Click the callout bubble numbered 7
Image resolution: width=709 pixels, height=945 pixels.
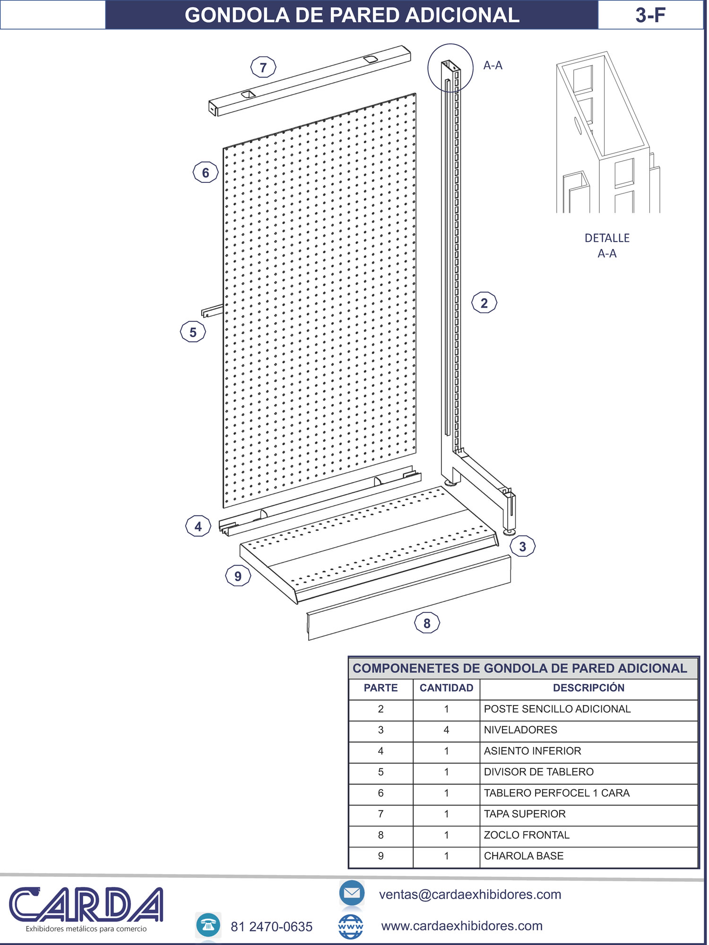point(263,67)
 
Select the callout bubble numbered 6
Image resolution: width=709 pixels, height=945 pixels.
point(206,172)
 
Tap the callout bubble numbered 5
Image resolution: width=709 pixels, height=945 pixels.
point(193,332)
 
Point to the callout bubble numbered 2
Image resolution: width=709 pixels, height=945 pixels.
point(484,303)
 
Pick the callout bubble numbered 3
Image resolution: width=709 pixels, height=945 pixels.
point(523,546)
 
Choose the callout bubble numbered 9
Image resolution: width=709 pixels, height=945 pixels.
point(238,576)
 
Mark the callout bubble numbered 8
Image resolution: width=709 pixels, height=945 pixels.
point(427,623)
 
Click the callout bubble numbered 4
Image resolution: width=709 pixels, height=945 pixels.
point(198,526)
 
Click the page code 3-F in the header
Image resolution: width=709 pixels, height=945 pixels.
point(650,15)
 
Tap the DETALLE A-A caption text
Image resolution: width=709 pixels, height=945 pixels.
point(607,246)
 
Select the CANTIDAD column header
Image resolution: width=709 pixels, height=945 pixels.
point(446,688)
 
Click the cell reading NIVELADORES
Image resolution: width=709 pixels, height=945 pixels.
point(520,730)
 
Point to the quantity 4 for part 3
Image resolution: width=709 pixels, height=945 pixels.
point(446,730)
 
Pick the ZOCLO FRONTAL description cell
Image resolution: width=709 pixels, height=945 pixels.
point(527,835)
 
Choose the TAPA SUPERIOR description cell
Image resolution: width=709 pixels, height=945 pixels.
point(525,814)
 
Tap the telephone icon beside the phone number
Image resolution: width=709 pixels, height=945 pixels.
point(208,925)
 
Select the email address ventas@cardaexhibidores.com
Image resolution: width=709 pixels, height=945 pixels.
point(470,894)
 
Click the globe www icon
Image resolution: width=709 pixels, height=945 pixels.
point(351,927)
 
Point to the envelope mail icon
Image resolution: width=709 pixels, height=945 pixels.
point(352,893)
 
